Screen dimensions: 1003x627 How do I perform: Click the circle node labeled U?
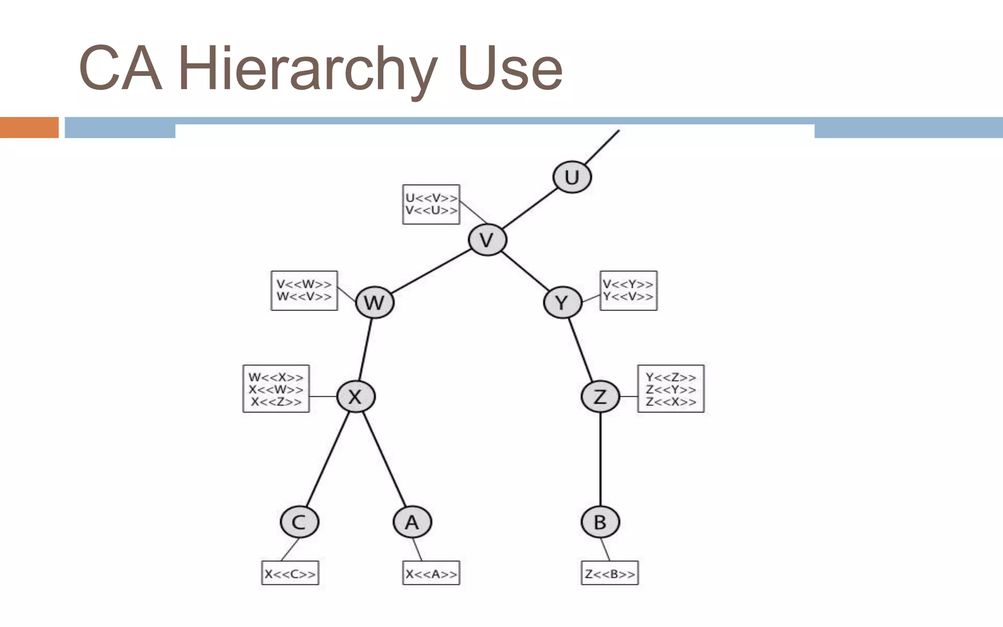(x=572, y=177)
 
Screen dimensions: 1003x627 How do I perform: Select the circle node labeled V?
(x=487, y=240)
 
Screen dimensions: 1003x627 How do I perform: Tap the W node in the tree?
(x=375, y=302)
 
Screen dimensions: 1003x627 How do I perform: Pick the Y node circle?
(x=562, y=302)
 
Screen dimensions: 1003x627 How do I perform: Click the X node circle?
(x=356, y=396)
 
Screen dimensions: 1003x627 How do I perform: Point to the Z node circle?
(x=600, y=396)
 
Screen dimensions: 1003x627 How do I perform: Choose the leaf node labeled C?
(x=299, y=522)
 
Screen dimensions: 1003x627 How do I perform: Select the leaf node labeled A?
(x=412, y=522)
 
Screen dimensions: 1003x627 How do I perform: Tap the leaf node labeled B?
(x=600, y=522)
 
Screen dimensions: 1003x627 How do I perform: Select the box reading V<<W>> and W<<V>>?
(x=304, y=290)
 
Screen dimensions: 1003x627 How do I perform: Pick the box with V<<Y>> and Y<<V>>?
(x=628, y=290)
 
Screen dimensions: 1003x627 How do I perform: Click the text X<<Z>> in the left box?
(x=276, y=402)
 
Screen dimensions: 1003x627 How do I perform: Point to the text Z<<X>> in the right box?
(x=670, y=402)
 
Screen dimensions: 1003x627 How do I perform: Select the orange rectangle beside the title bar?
(x=29, y=127)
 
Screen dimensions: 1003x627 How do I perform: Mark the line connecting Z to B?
(x=600, y=459)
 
